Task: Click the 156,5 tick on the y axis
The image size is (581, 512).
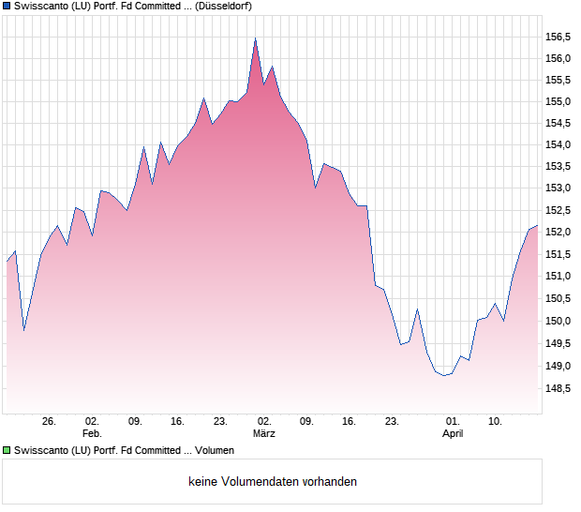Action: [x=558, y=37]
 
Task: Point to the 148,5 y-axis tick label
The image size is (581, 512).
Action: [x=558, y=388]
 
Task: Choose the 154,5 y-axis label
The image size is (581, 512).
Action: [x=558, y=124]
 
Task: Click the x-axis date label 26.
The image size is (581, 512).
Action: [x=50, y=421]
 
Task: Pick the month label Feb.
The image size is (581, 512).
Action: [x=92, y=434]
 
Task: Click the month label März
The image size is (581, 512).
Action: [x=264, y=434]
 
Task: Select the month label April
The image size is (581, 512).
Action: [x=453, y=434]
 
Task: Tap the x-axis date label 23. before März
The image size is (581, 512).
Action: [x=221, y=421]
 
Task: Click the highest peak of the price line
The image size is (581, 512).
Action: [x=255, y=38]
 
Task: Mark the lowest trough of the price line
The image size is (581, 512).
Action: [x=445, y=375]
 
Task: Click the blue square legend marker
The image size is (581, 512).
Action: [x=7, y=6]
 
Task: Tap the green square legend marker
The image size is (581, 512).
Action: [x=7, y=451]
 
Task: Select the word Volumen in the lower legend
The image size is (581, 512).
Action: [x=215, y=451]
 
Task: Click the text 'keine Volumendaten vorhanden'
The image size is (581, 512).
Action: [x=273, y=482]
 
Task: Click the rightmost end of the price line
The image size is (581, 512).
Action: [x=537, y=226]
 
